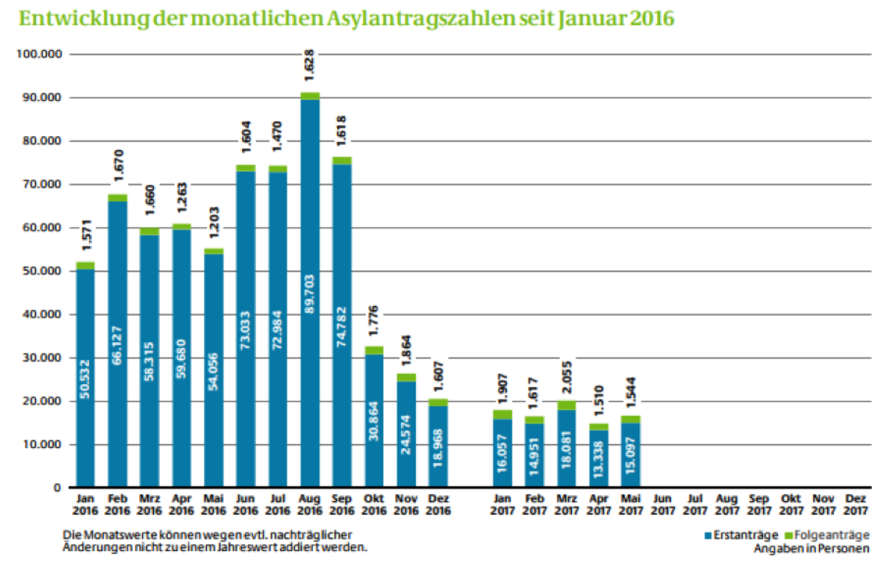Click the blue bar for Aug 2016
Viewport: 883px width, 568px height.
pos(311,294)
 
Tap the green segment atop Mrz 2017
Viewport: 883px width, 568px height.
pos(567,405)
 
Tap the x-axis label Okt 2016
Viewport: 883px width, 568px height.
pos(374,504)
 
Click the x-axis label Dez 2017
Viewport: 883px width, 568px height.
pos(855,504)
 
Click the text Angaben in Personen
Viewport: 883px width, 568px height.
pos(811,548)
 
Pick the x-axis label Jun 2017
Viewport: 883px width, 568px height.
pos(662,504)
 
